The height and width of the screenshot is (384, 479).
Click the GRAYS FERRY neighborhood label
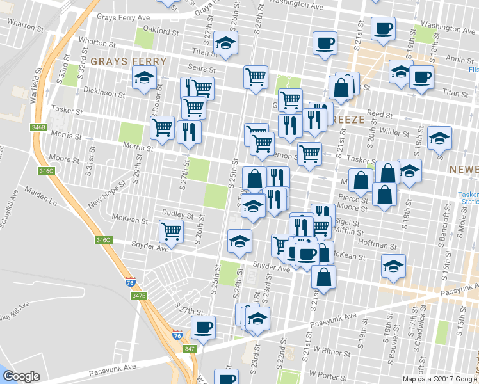pos(128,62)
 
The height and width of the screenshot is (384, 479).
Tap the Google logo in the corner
pos(21,376)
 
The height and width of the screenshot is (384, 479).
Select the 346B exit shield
pos(38,127)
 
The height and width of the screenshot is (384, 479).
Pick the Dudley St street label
pos(177,215)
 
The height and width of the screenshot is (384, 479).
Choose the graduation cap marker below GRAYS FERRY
pos(144,78)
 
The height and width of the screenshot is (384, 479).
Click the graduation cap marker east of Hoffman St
pos(393,266)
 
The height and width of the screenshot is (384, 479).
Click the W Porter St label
pos(327,372)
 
